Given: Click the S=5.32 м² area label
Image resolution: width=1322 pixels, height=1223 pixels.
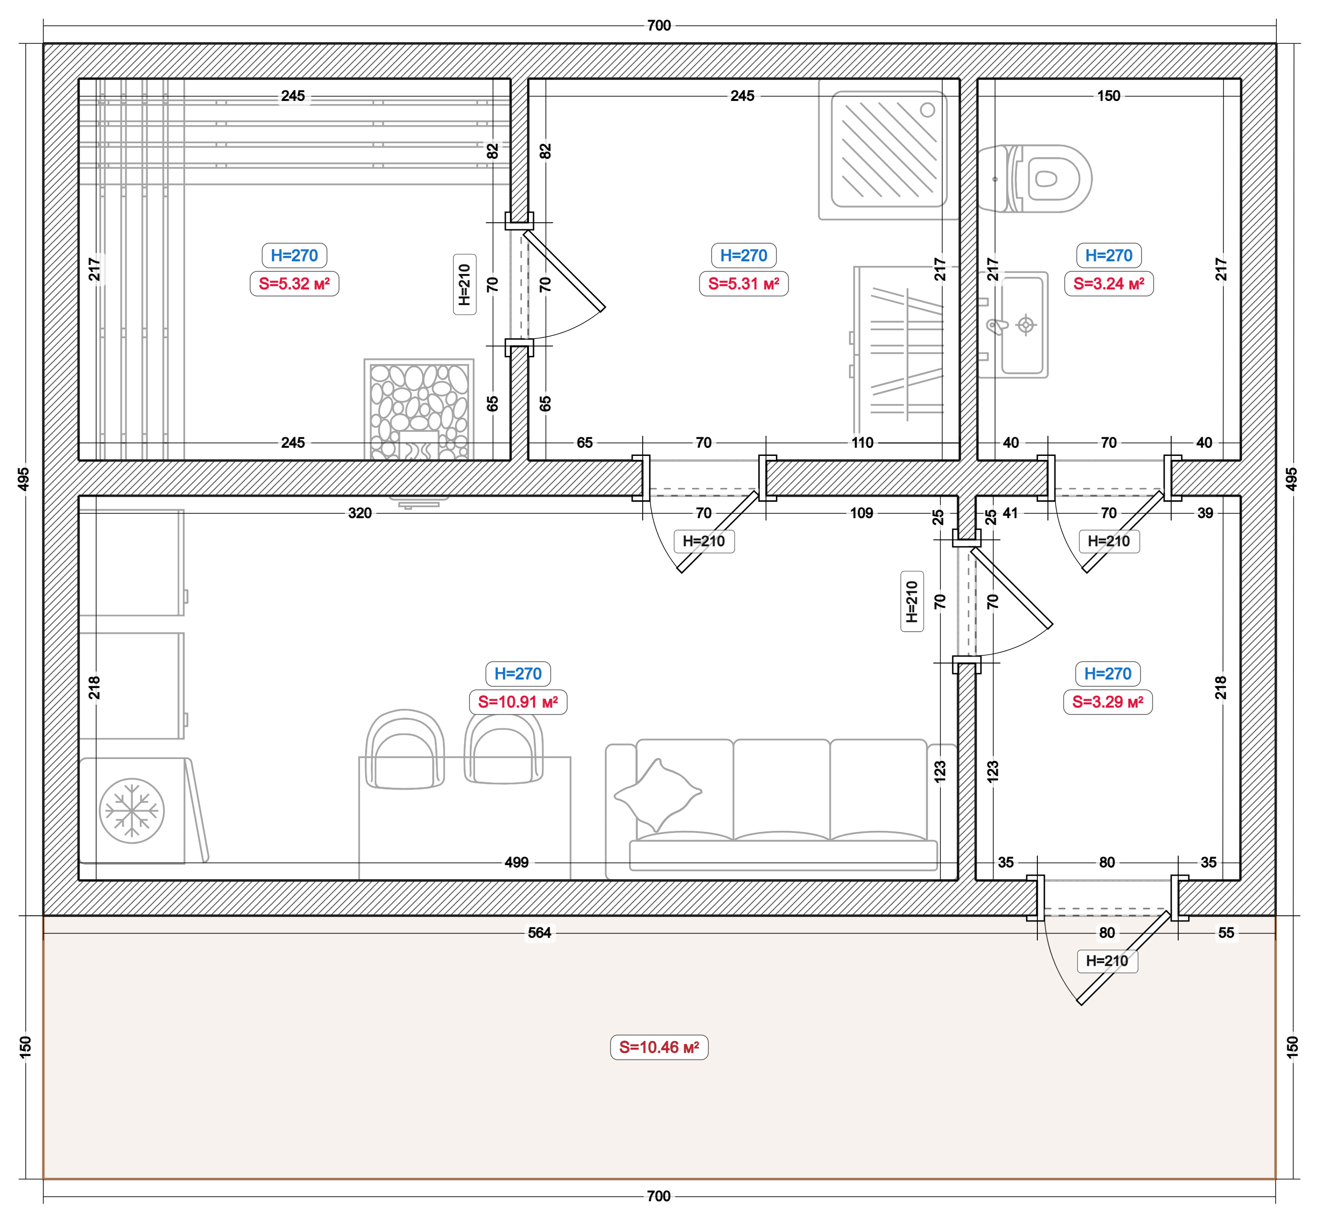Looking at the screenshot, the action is [x=295, y=284].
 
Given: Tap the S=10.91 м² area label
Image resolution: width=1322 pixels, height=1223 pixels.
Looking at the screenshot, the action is [x=518, y=702].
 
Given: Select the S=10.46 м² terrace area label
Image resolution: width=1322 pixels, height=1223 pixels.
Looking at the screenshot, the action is [x=659, y=1048].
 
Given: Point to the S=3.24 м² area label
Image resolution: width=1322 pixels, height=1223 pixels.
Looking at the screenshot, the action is [x=1109, y=284].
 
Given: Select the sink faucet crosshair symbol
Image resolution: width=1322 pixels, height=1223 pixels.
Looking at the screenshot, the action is [x=1025, y=325].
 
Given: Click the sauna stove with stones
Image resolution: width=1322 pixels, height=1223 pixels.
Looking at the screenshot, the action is [x=419, y=410].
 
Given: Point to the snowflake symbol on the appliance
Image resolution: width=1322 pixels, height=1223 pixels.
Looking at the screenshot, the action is [x=132, y=811].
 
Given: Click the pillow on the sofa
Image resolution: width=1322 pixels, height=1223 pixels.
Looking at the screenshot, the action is [x=657, y=795].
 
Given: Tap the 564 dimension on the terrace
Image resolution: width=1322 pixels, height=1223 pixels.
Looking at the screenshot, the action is [x=540, y=932].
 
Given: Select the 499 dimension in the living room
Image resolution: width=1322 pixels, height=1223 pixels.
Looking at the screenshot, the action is [x=516, y=862].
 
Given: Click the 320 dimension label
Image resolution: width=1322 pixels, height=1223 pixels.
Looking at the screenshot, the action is [x=360, y=513].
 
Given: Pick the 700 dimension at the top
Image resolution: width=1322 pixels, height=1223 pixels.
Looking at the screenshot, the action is [x=659, y=26].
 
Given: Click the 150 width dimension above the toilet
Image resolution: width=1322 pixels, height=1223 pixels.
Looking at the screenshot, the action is [x=1109, y=96].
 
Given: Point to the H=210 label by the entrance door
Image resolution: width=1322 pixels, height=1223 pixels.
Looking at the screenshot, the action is [x=1107, y=961].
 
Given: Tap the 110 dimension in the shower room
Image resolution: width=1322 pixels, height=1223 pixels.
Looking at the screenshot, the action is [x=862, y=443].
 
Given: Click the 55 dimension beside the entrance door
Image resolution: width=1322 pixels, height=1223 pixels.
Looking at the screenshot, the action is [x=1226, y=932].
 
